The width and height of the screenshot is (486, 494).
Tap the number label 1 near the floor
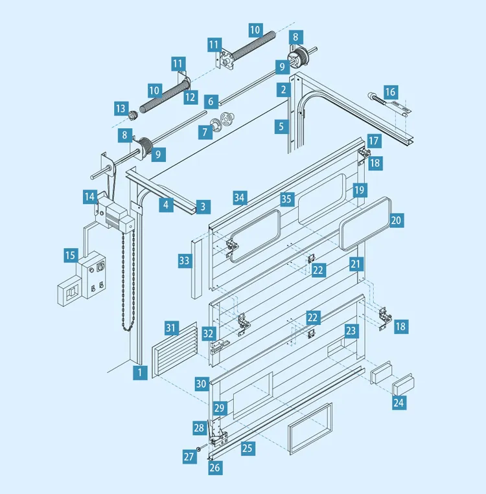139,372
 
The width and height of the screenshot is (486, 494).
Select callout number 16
390,92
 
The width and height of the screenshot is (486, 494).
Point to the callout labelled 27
189,456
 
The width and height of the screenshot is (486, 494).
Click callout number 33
185,261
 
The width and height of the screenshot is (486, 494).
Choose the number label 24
399,403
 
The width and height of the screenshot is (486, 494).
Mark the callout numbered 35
286,197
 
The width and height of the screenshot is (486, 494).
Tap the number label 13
120,107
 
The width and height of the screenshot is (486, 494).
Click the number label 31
171,328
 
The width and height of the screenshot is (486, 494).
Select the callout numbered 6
210,102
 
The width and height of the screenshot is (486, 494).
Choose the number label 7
205,132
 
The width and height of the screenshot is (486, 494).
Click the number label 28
199,427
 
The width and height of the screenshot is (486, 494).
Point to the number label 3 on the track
203,207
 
